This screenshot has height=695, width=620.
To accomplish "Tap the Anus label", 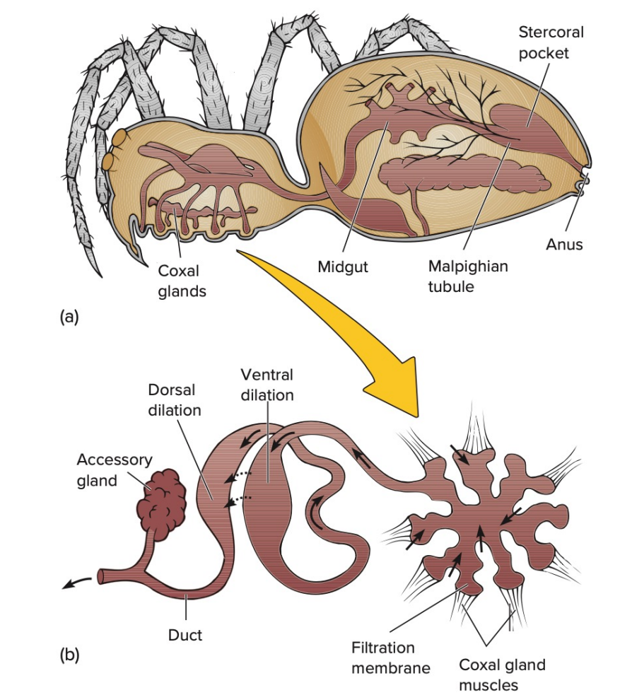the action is point(563,245).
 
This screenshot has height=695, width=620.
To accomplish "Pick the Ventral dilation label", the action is point(267,385).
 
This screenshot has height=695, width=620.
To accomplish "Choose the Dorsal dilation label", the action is point(175,400).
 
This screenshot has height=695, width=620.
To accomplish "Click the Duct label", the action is point(185,635).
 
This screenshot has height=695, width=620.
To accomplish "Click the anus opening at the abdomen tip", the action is point(582,183).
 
